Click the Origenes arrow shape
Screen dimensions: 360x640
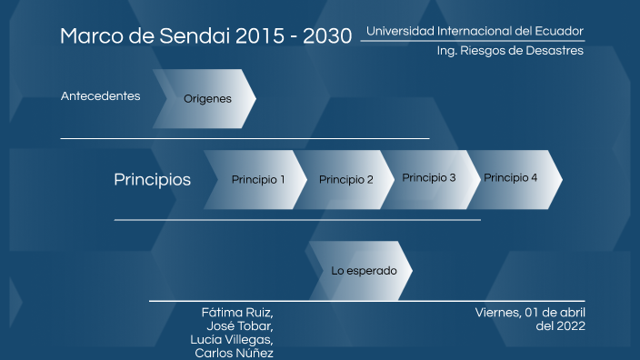point(207,99)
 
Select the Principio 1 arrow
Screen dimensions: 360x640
point(257,179)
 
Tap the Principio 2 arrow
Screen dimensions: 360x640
point(345,179)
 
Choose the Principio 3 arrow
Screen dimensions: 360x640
point(429,178)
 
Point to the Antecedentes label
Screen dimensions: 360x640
point(100,95)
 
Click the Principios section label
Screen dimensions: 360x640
point(152,179)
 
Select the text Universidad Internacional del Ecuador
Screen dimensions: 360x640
point(475,31)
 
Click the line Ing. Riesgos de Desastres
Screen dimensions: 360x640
point(510,51)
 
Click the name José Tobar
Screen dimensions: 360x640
point(240,325)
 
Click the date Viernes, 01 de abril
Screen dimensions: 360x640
point(530,313)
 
